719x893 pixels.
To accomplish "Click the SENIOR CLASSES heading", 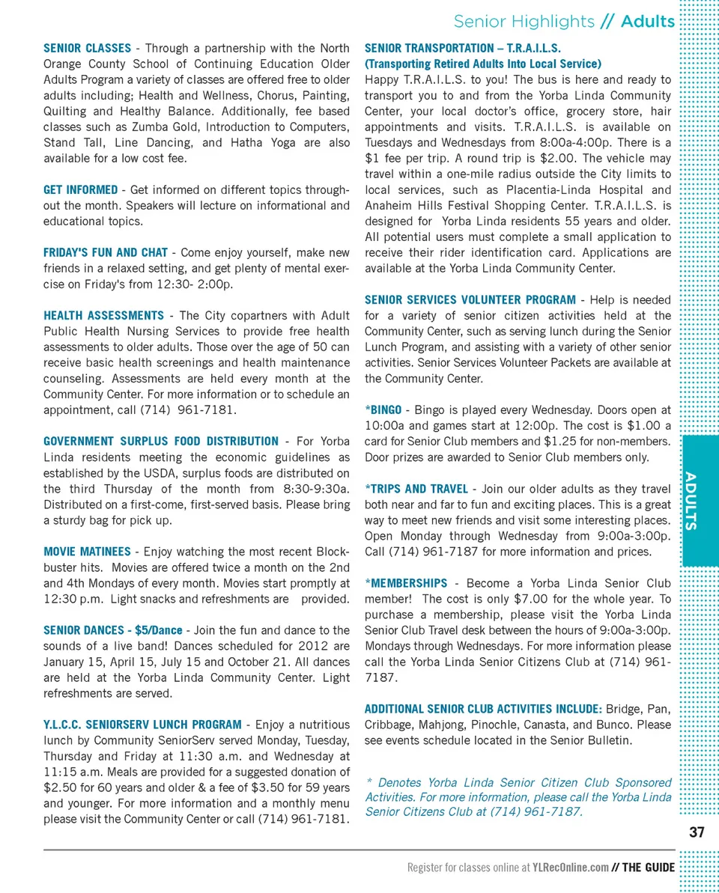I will tap(87, 49).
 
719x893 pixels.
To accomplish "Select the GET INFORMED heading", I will tap(80, 189).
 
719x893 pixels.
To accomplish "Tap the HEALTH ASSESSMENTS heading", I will tap(103, 315).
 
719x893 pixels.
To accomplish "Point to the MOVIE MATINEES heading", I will tap(87, 552).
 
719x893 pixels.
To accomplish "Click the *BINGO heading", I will tap(383, 409).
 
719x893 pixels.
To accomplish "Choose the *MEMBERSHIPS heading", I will tap(406, 583).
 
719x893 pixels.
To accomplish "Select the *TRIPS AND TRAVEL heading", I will tap(416, 489).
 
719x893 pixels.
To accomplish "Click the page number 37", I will tap(697, 832).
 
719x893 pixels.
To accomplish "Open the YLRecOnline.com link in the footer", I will tap(569, 868).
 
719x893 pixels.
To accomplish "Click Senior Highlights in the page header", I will tap(524, 21).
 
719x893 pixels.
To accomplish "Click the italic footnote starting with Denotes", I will tap(518, 796).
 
